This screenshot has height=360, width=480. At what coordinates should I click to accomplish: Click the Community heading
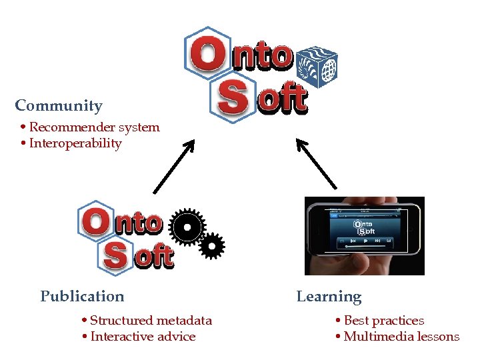(x=59, y=105)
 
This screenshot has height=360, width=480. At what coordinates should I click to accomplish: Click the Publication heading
(x=82, y=296)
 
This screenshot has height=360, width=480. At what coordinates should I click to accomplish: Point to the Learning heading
(x=329, y=297)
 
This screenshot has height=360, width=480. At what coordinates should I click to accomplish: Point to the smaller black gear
(x=211, y=247)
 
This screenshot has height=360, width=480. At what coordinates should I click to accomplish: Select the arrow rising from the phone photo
(x=316, y=163)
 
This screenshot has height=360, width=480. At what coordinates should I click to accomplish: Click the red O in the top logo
(x=207, y=55)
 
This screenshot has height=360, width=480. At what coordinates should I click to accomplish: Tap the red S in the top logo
(x=233, y=98)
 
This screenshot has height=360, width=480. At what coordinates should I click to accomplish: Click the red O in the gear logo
(x=97, y=222)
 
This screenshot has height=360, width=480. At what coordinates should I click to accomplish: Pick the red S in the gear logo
(x=118, y=255)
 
